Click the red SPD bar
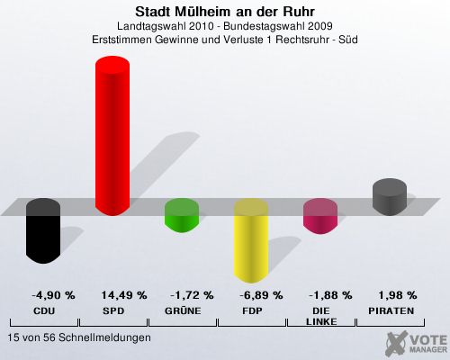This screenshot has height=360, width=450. (x=112, y=136)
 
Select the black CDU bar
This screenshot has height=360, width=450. (x=43, y=231)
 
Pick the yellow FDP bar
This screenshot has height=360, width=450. (x=251, y=240)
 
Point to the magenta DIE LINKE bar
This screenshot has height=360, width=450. (x=320, y=216)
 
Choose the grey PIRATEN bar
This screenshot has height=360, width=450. (x=390, y=197)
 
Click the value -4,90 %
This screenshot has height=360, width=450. (x=53, y=295)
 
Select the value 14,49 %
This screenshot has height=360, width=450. (x=124, y=295)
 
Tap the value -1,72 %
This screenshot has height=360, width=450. (x=192, y=295)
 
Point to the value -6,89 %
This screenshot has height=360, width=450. (x=261, y=295)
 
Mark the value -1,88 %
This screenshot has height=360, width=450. (x=330, y=295)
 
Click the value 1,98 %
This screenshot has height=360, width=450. (x=398, y=295)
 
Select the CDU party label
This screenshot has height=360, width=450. (x=44, y=310)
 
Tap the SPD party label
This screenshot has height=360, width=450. (x=113, y=310)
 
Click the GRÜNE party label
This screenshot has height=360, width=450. (x=183, y=310)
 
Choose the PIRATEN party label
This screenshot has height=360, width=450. (x=391, y=310)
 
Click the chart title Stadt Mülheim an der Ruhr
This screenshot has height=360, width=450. (x=225, y=12)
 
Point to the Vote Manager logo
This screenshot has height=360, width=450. (x=416, y=343)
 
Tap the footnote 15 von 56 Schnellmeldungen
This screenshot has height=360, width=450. (x=79, y=337)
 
